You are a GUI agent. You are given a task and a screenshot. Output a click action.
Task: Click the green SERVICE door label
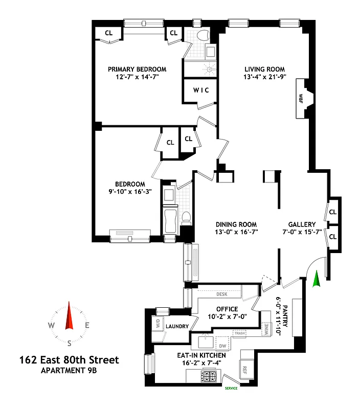(232, 388)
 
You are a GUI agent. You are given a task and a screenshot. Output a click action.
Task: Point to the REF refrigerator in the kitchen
(244, 368)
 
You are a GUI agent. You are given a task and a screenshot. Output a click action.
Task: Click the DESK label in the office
(221, 294)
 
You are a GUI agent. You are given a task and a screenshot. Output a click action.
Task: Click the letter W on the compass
(52, 325)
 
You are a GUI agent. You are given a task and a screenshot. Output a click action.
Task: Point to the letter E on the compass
(87, 325)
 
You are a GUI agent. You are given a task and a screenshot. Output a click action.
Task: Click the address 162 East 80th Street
(69, 360)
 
